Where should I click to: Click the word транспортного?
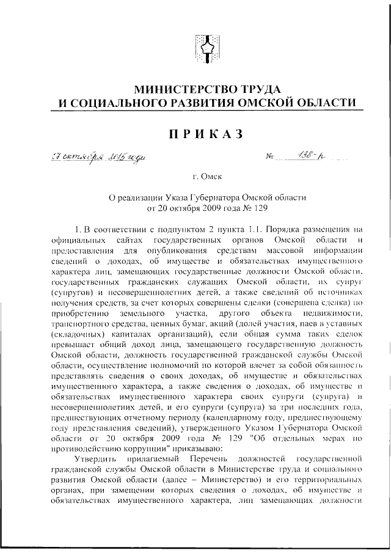coord(78,323)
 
